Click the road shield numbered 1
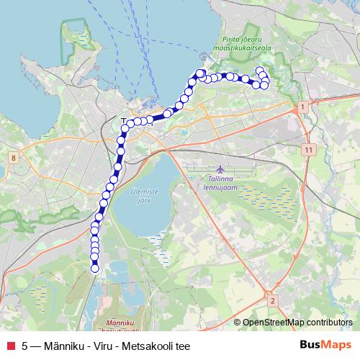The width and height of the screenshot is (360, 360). (303, 107)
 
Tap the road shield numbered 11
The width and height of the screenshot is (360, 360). (308, 149)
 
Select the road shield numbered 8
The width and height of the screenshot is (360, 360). (14, 158)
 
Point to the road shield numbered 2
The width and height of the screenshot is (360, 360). (272, 300)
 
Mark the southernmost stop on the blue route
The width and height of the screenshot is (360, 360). (94, 269)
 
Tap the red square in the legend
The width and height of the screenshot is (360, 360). (9, 346)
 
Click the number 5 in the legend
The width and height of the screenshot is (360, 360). (25, 346)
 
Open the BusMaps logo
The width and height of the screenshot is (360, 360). (325, 345)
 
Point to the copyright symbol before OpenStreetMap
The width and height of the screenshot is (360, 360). (238, 323)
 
